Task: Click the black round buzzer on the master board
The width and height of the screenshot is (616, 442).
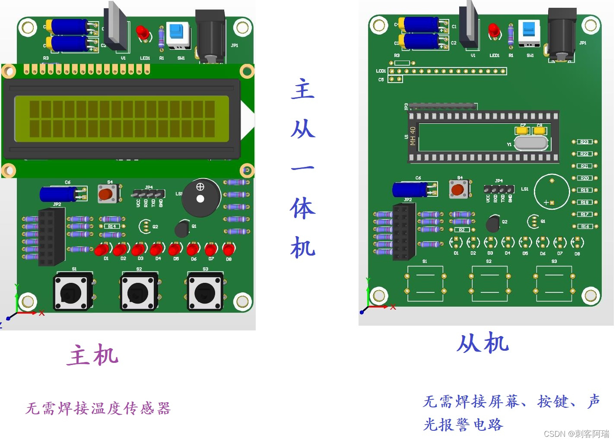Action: (x=201, y=198)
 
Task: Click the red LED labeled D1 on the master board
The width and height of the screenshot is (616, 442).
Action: (x=102, y=250)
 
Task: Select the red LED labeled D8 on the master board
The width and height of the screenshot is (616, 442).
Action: (x=229, y=249)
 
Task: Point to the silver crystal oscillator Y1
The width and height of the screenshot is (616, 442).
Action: (x=531, y=143)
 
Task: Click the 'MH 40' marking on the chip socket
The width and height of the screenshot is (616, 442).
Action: (x=413, y=136)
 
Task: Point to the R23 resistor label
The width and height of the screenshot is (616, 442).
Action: (x=584, y=142)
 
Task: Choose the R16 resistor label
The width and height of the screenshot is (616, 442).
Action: (x=584, y=226)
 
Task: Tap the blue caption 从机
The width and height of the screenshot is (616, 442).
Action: (x=483, y=343)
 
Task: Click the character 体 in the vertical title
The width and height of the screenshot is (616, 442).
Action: (x=303, y=208)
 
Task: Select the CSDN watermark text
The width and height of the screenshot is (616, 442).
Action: (x=576, y=434)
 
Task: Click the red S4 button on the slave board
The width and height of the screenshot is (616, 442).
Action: (x=458, y=189)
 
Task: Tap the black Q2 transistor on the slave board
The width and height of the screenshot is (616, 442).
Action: (x=493, y=224)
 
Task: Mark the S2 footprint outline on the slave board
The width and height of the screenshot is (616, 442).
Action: (x=489, y=283)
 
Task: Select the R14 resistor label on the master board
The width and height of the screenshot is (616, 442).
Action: (x=112, y=226)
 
